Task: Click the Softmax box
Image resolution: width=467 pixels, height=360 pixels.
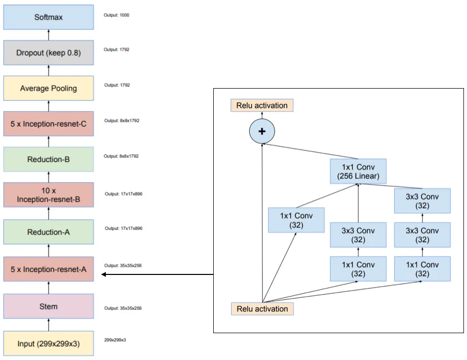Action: (x=49, y=17)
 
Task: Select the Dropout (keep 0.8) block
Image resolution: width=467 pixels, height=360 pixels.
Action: (x=49, y=53)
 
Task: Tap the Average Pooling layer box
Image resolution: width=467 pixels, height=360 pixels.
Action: (x=49, y=88)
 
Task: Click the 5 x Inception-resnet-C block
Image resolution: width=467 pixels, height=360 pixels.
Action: (x=49, y=124)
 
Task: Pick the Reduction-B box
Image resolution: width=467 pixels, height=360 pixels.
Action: (x=49, y=159)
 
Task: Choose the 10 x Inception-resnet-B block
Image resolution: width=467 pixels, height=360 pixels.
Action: (x=49, y=195)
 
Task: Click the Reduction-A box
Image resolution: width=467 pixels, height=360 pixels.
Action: (x=49, y=232)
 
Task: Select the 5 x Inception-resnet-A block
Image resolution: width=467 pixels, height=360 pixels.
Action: (x=49, y=269)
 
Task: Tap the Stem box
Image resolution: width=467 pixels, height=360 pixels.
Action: (x=49, y=306)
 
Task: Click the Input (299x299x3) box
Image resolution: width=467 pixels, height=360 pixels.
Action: (x=49, y=344)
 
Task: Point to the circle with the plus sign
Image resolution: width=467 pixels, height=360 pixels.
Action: (x=262, y=131)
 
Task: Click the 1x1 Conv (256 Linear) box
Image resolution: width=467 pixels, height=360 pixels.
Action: (x=358, y=171)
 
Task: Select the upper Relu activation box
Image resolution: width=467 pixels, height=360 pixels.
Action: (x=262, y=105)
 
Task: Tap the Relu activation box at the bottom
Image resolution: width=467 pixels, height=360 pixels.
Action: (x=262, y=309)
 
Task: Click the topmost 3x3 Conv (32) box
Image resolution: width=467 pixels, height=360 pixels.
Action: (x=422, y=201)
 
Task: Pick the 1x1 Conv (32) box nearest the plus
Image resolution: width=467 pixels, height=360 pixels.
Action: (x=296, y=220)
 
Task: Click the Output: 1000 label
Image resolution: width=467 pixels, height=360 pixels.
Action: (x=116, y=15)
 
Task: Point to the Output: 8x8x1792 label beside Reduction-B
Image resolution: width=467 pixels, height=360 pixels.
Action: (x=121, y=156)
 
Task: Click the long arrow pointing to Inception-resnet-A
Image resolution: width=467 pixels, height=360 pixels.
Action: (x=157, y=274)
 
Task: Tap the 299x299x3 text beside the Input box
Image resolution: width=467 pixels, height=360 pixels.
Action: (x=115, y=340)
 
